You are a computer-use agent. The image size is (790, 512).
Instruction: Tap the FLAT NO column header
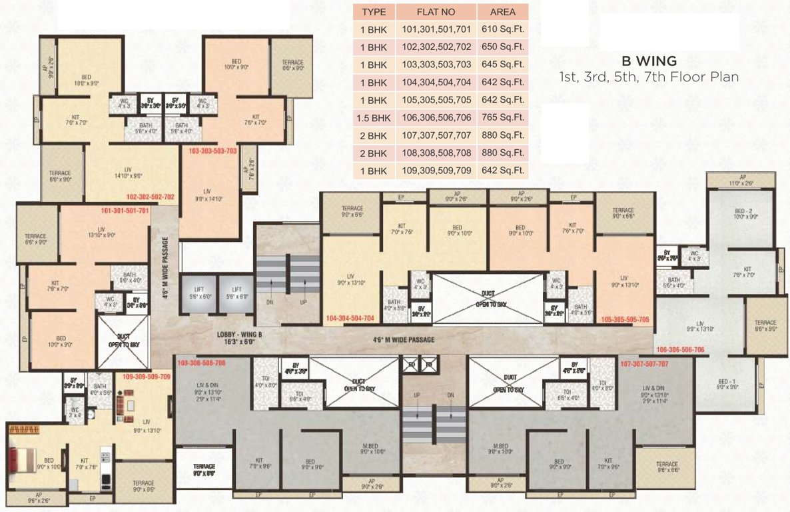[x=436, y=12]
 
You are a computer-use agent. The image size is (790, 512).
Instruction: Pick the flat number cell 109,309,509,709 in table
[x=436, y=171]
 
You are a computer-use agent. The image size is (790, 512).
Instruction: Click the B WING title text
[x=649, y=61]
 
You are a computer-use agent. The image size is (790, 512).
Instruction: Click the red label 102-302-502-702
[x=150, y=197]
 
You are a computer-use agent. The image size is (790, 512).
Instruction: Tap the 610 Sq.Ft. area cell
[x=503, y=29]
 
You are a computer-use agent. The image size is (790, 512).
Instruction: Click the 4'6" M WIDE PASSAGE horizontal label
[x=403, y=340]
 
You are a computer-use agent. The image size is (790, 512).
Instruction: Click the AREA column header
[x=503, y=12]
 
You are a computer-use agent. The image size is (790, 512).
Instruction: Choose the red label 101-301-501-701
[x=125, y=210]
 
